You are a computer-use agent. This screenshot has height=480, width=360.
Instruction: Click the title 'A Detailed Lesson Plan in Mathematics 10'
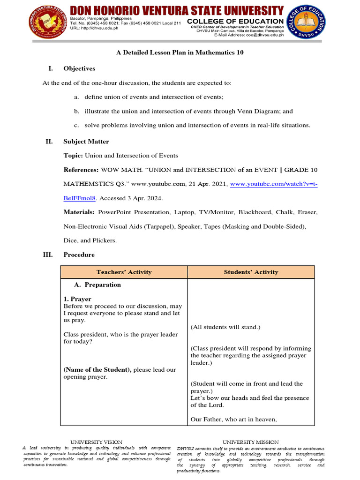[180, 52]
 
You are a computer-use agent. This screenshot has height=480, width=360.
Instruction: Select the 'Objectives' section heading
[79, 68]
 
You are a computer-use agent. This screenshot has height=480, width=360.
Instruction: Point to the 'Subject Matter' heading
[86, 142]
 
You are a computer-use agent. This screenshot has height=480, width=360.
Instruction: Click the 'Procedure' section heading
[79, 255]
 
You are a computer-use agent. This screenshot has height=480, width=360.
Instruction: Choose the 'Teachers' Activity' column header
[124, 272]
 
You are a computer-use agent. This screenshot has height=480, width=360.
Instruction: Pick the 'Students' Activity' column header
[251, 272]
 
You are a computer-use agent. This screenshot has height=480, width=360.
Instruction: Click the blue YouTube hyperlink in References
[272, 185]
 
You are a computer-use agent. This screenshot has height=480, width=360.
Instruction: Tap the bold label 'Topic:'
[73, 156]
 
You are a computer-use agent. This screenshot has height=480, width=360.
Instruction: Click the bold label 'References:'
[81, 170]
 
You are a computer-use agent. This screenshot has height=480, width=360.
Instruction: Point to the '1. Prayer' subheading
[77, 299]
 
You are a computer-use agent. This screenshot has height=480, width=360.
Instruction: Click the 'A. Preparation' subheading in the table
[97, 285]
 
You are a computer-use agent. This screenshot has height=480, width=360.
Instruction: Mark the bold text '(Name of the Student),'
[97, 370]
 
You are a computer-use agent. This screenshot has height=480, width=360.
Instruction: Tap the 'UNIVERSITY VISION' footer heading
[96, 442]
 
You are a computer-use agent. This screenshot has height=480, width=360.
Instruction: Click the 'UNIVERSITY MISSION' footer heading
[250, 442]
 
